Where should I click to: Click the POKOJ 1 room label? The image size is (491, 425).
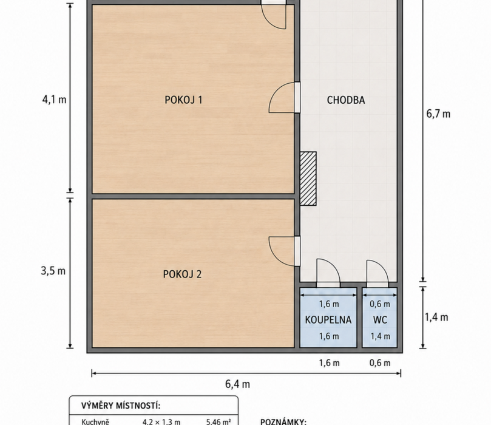pyautogui.click(x=183, y=100)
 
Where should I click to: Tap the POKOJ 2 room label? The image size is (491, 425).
pyautogui.click(x=182, y=274)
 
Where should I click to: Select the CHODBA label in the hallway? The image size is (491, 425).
pyautogui.click(x=346, y=100)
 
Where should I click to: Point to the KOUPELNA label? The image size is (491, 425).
pyautogui.click(x=328, y=320)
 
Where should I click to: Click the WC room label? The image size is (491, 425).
pyautogui.click(x=380, y=320)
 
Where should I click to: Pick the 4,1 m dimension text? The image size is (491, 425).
pyautogui.click(x=54, y=100)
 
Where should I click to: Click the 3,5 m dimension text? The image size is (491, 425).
pyautogui.click(x=53, y=271)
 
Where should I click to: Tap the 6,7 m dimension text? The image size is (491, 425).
pyautogui.click(x=438, y=114)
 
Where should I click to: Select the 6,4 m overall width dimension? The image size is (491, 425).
pyautogui.click(x=238, y=384)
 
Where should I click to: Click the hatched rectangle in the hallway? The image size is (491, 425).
pyautogui.click(x=308, y=178)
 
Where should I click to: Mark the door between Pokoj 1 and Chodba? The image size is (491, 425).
pyautogui.click(x=284, y=97)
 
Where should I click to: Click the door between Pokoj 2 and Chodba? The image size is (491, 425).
pyautogui.click(x=284, y=251)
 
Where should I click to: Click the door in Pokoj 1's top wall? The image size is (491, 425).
pyautogui.click(x=274, y=15)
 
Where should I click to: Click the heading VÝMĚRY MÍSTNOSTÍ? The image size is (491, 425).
pyautogui.click(x=121, y=406)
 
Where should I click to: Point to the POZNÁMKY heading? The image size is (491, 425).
pyautogui.click(x=283, y=421)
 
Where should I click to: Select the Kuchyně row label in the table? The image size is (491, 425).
pyautogui.click(x=95, y=421)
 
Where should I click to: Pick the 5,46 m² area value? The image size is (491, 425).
pyautogui.click(x=218, y=422)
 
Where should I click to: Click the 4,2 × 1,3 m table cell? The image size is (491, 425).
pyautogui.click(x=161, y=422)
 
